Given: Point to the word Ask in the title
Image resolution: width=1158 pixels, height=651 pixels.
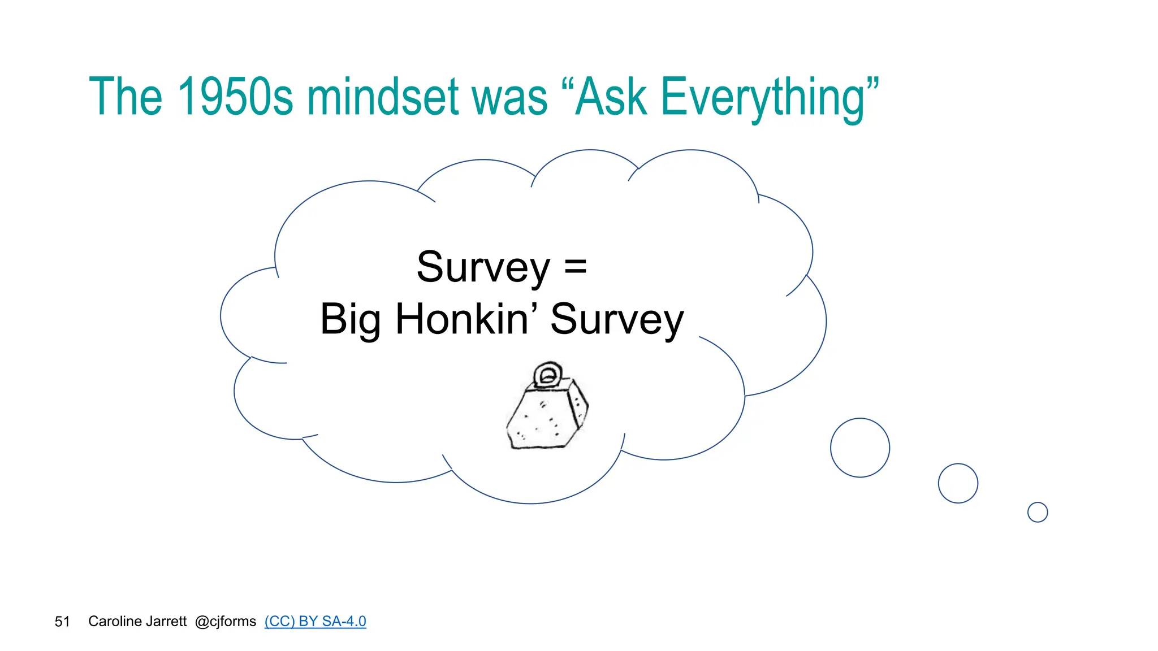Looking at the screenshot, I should click(x=611, y=97).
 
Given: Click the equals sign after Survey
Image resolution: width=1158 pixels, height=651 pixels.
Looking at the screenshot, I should click(x=576, y=267).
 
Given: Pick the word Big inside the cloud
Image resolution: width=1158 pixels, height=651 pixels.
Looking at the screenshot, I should click(x=350, y=320).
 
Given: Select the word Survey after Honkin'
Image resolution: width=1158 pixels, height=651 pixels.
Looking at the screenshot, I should click(x=617, y=320).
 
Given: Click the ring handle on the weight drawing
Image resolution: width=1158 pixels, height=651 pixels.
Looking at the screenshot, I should click(x=547, y=374).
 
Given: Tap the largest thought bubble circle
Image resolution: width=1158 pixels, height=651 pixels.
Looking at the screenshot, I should click(x=859, y=448).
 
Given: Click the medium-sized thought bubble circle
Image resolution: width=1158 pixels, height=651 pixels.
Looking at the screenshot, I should click(x=958, y=483).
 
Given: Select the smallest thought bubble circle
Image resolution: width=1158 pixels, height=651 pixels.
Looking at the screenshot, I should click(x=1038, y=512).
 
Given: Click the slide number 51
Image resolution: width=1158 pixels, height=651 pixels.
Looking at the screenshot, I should click(x=62, y=622).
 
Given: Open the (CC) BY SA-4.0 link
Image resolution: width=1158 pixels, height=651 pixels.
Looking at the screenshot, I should click(x=315, y=621).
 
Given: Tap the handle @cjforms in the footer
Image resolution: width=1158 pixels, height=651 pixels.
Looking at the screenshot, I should click(x=225, y=622).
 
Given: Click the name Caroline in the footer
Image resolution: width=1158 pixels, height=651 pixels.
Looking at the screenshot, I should click(x=112, y=621).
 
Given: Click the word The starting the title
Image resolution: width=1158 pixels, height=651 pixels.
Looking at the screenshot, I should click(x=126, y=97).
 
